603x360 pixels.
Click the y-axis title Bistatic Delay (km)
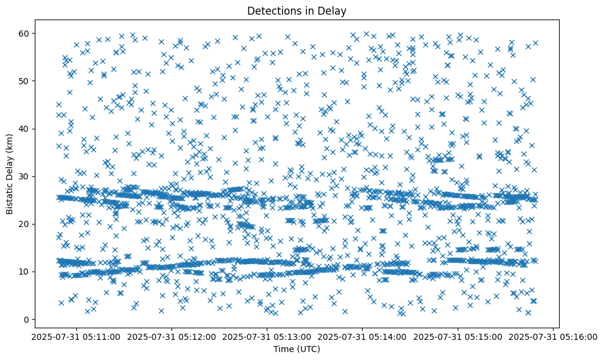tap(10, 173)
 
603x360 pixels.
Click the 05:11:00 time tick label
tap(76, 336)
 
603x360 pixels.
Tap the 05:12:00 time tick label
tap(172, 336)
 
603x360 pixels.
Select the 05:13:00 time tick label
tap(267, 336)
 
